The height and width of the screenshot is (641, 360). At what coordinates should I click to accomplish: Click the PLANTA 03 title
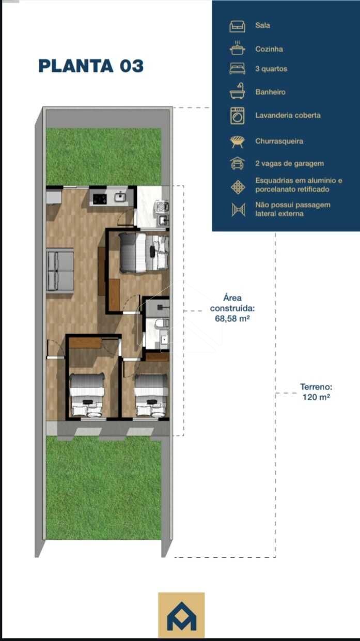tap(91, 66)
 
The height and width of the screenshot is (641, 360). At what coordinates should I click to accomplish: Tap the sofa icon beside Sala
tap(237, 26)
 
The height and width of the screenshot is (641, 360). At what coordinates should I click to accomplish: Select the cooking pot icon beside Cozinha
tap(237, 48)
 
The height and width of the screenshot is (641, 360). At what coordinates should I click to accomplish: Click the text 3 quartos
tap(271, 69)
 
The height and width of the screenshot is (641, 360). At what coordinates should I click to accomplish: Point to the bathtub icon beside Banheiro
tap(237, 91)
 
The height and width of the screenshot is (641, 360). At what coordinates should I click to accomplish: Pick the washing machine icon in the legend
tap(238, 116)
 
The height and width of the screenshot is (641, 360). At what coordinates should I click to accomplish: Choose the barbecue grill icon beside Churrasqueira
tap(238, 142)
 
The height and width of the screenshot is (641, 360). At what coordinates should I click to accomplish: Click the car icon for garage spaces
tap(237, 163)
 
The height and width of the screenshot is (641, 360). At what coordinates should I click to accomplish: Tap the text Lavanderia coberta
tap(288, 115)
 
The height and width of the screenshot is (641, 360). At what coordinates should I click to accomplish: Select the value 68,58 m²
tap(232, 319)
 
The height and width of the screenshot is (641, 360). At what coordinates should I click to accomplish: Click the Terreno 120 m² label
tap(316, 392)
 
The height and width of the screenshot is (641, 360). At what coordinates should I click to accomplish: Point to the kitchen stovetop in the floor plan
tap(100, 197)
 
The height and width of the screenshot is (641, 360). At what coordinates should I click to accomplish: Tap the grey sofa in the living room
tap(60, 271)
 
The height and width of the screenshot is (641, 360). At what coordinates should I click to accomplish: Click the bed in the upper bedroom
tap(144, 253)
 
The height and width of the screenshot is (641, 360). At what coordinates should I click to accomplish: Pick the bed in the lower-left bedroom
tap(86, 395)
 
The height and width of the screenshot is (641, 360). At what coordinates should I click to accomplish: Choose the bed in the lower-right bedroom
tap(151, 395)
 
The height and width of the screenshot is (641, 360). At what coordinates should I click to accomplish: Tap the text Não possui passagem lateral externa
tap(293, 209)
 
